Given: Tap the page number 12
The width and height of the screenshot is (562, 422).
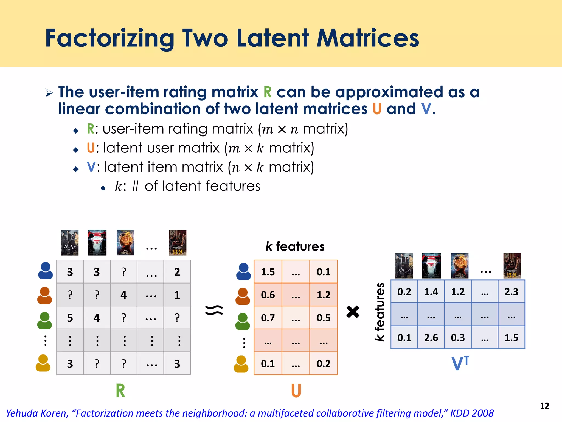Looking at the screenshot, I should coord(544,406).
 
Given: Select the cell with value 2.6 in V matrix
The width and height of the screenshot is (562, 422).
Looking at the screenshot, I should coord(431,337).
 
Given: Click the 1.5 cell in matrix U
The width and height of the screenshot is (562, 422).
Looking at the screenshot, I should coord(268,272).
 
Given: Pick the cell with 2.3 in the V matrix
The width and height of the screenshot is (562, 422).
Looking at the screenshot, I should coord(511,291).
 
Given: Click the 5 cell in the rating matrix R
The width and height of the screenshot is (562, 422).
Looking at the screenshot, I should coord(70,318).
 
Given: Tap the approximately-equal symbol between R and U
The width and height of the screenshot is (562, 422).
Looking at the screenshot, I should coord(214,310).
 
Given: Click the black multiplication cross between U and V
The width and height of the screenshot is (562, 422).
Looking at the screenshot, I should coord(353,312).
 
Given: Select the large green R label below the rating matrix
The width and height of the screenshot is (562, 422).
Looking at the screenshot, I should coord(120,390).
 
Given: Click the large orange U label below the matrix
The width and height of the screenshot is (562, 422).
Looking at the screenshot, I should coord(296,390).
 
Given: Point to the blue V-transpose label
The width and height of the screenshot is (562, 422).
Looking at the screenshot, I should coord(460,363).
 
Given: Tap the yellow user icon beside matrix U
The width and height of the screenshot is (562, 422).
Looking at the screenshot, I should coord(241,364).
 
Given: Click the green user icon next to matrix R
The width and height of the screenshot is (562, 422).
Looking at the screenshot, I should coord(44,320).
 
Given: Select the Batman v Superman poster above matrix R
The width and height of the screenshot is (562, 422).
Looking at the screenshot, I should coord(97,243).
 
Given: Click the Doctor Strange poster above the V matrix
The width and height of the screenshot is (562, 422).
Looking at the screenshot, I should coord(460,266).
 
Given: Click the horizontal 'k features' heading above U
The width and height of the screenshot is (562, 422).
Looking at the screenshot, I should coord(295,246).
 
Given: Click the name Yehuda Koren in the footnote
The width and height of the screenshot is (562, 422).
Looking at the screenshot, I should coord(37,413).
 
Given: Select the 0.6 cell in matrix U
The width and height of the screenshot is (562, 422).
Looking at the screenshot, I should coord(268,295).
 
